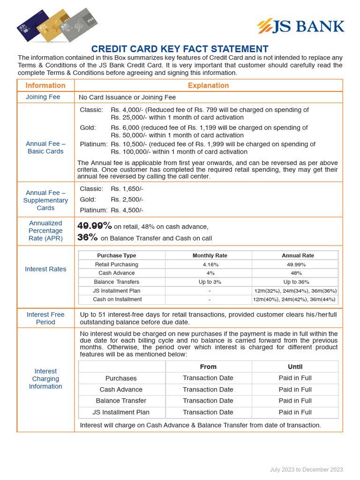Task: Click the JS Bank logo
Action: click(300, 26)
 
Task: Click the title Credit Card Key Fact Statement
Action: click(180, 49)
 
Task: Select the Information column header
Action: click(45, 85)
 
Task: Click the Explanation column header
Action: click(208, 85)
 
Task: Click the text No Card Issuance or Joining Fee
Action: click(127, 97)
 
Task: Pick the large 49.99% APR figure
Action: click(95, 226)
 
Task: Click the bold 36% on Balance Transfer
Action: click(88, 238)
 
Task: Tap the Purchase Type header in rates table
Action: click(116, 255)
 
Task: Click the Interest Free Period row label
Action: click(45, 318)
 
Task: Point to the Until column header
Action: click(295, 367)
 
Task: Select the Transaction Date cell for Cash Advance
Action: click(208, 390)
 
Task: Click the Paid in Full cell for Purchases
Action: click(295, 378)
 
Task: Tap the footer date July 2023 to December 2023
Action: click(306, 469)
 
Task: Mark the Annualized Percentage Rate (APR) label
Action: click(45, 231)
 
